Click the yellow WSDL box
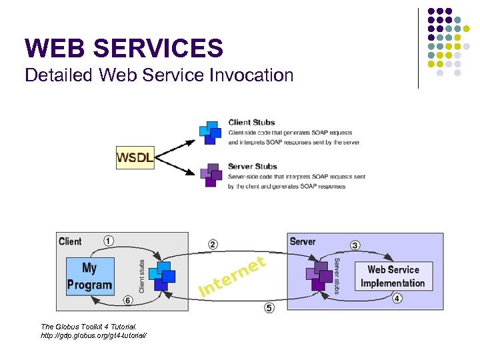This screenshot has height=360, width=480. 135,157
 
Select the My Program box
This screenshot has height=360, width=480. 89,276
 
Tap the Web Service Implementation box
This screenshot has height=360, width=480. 393,276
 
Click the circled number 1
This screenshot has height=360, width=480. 108,241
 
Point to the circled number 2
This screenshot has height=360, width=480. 213,245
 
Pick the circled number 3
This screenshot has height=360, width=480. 355,245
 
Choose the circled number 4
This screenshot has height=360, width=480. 397,298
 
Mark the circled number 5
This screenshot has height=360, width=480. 269,307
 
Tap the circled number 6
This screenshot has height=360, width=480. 127,301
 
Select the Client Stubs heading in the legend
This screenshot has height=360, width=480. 253,122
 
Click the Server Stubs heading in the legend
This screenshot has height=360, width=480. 253,166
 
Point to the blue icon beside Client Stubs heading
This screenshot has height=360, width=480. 211,132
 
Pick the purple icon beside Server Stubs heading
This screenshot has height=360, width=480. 211,174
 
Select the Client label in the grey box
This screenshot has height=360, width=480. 70,241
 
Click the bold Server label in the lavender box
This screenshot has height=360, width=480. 303,241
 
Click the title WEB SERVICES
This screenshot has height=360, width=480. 124,48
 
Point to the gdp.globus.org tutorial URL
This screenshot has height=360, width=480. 93,335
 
